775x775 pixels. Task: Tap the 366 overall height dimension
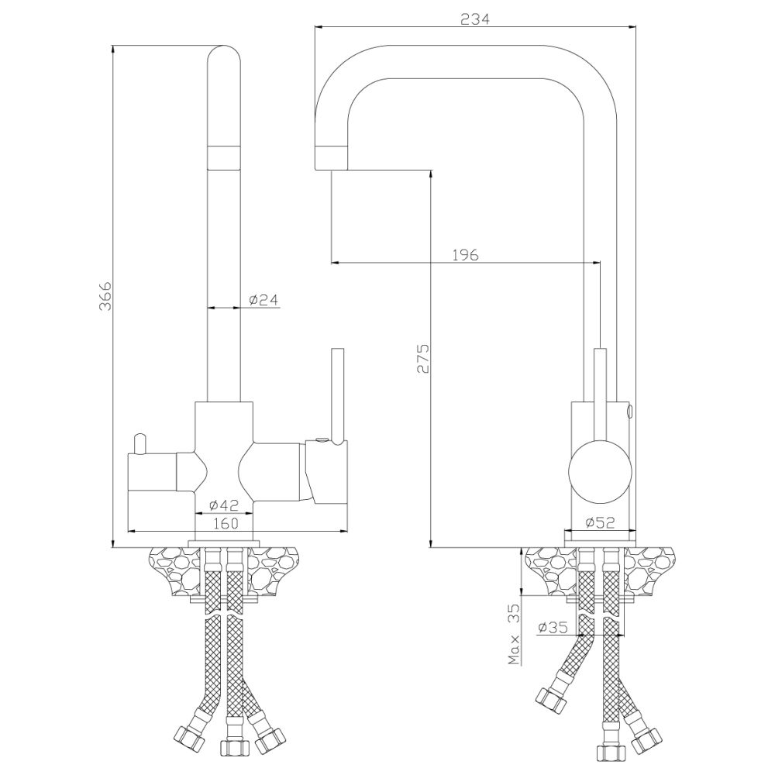105,297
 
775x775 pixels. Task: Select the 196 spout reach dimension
466,254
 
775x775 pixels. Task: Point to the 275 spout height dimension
423,358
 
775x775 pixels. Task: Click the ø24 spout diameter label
263,299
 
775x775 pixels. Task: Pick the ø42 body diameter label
223,505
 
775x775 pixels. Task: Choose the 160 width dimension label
226,523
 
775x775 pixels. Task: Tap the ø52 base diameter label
600,522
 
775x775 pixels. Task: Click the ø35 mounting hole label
553,627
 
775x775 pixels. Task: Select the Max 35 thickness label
514,634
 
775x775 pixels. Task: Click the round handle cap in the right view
600,470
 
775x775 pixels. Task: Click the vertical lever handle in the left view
338,395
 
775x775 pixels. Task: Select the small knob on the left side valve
139,443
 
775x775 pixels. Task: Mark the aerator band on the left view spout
223,157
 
